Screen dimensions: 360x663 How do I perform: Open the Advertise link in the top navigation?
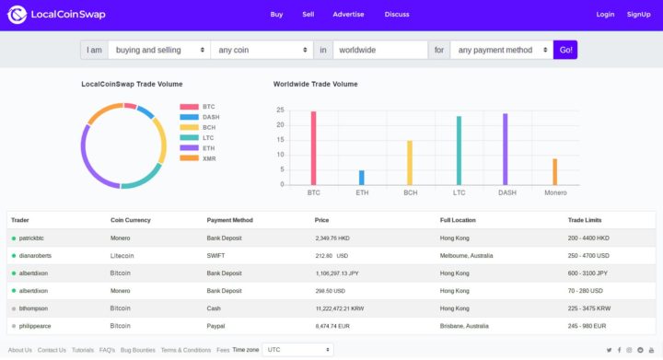click(x=348, y=15)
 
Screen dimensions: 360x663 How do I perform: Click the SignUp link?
click(x=638, y=15)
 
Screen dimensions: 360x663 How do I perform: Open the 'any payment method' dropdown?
click(x=501, y=50)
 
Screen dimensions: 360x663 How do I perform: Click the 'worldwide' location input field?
click(x=379, y=50)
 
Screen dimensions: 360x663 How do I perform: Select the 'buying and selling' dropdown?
click(x=158, y=50)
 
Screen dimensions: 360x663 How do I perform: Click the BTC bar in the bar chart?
click(x=313, y=148)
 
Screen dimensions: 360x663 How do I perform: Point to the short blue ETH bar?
click(x=361, y=178)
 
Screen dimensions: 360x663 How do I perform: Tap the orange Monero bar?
click(x=554, y=171)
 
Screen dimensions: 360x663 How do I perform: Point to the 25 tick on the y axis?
click(x=280, y=110)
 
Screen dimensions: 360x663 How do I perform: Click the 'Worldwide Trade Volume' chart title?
click(x=315, y=84)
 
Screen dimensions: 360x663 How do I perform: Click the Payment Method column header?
click(x=231, y=220)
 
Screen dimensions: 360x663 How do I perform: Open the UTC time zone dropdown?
click(x=297, y=350)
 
